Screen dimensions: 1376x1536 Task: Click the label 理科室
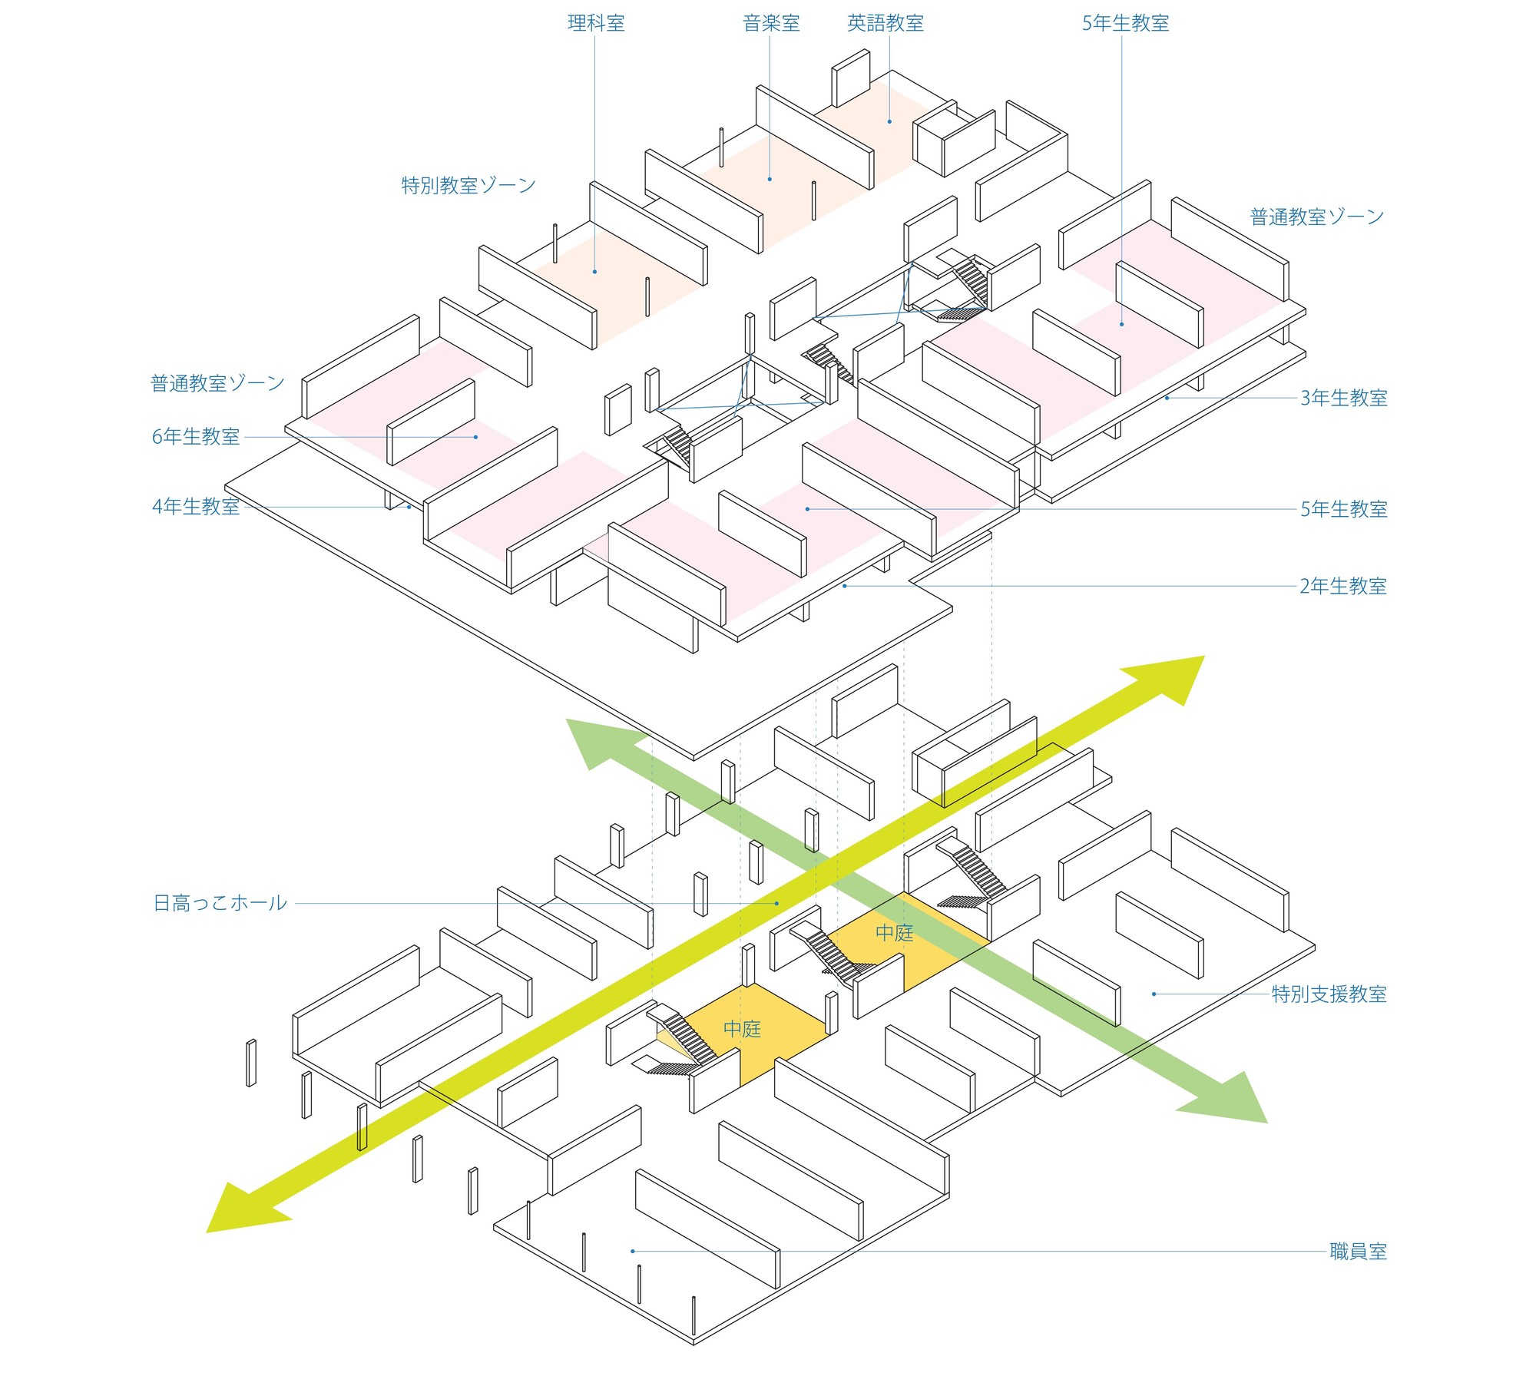(596, 23)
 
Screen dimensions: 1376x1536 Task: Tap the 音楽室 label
(771, 23)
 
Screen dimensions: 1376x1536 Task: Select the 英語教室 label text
(885, 23)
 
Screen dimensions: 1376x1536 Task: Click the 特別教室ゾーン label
(468, 185)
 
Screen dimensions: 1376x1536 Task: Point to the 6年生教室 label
(196, 437)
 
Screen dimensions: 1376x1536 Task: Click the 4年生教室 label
(196, 507)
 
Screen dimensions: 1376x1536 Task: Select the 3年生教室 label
(1343, 398)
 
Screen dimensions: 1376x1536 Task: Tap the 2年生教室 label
(1343, 586)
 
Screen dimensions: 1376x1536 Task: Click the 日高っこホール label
(220, 903)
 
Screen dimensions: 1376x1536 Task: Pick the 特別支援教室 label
(1329, 994)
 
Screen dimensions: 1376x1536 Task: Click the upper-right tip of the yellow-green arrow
(1203, 657)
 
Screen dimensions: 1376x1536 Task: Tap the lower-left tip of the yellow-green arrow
(208, 1232)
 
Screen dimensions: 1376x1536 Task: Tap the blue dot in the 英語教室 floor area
(889, 121)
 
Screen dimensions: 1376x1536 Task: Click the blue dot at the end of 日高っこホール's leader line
(776, 904)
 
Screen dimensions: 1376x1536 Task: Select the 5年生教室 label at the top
(1125, 23)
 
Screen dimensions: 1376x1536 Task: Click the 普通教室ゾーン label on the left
(217, 383)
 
